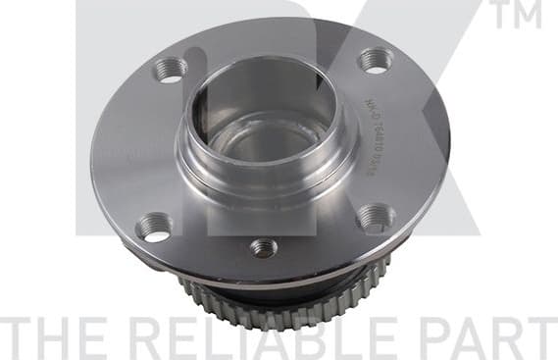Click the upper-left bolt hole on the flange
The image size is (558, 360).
tap(170, 70)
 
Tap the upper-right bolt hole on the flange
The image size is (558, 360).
tap(375, 61)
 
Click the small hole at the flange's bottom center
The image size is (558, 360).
tap(263, 247)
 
